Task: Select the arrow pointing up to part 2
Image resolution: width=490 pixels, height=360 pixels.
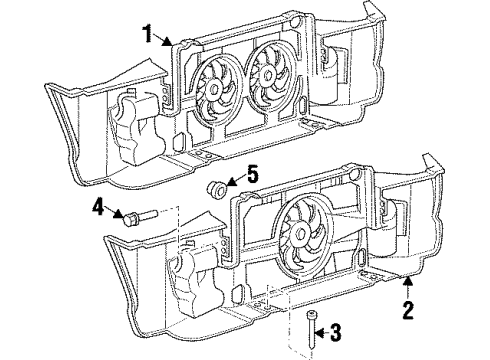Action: tap(406, 284)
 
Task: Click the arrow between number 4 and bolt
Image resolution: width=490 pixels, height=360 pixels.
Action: tap(114, 211)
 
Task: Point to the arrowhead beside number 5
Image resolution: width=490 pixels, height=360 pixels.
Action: tap(232, 181)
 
